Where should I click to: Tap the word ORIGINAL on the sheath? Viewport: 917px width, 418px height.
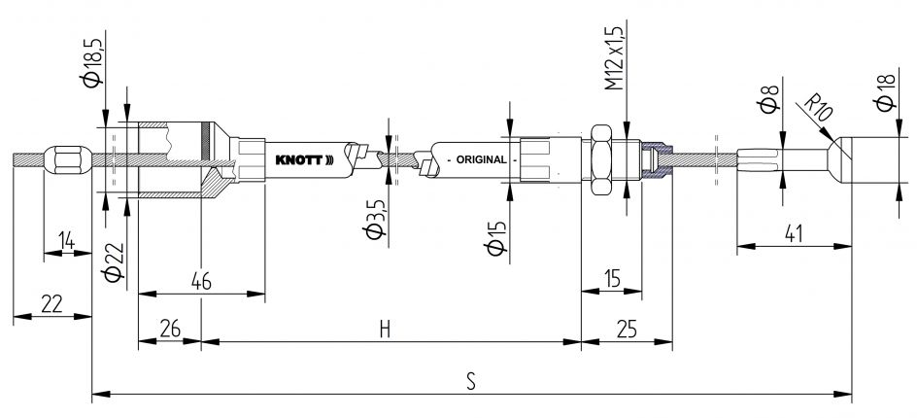point(475,159)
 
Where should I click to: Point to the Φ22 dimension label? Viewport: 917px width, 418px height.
point(113,261)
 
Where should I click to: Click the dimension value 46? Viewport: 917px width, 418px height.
point(201,280)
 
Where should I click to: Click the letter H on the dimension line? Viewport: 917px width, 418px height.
point(385,330)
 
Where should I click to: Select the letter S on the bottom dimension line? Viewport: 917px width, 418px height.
point(470,381)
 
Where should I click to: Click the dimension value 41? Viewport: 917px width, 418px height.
point(794,234)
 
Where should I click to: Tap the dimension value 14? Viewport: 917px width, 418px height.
point(65,240)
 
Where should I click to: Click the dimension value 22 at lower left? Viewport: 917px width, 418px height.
point(51,303)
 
